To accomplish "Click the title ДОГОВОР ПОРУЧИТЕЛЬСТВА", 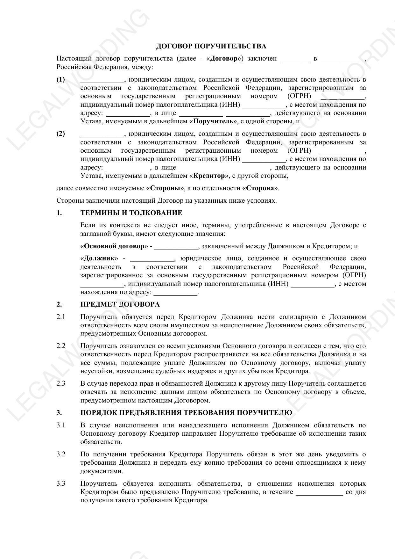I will click(211, 46).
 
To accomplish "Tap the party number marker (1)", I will click(60, 79).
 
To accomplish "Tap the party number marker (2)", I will click(60, 134).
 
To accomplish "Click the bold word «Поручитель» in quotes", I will click(215, 121).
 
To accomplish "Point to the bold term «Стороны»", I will click(165, 188).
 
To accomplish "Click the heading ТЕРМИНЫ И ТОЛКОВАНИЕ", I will click(131, 213).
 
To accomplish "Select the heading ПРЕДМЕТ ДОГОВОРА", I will click(120, 304).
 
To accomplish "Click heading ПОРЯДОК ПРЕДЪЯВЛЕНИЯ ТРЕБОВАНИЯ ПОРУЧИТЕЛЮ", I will click(186, 413).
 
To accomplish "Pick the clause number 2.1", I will click(61, 317).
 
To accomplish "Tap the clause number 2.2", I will click(61, 346).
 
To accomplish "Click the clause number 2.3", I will click(61, 383).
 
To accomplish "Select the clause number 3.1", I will click(61, 425).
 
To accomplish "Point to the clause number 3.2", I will click(61, 454).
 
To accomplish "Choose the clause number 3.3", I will click(61, 483).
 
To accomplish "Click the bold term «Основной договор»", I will click(114, 246).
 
